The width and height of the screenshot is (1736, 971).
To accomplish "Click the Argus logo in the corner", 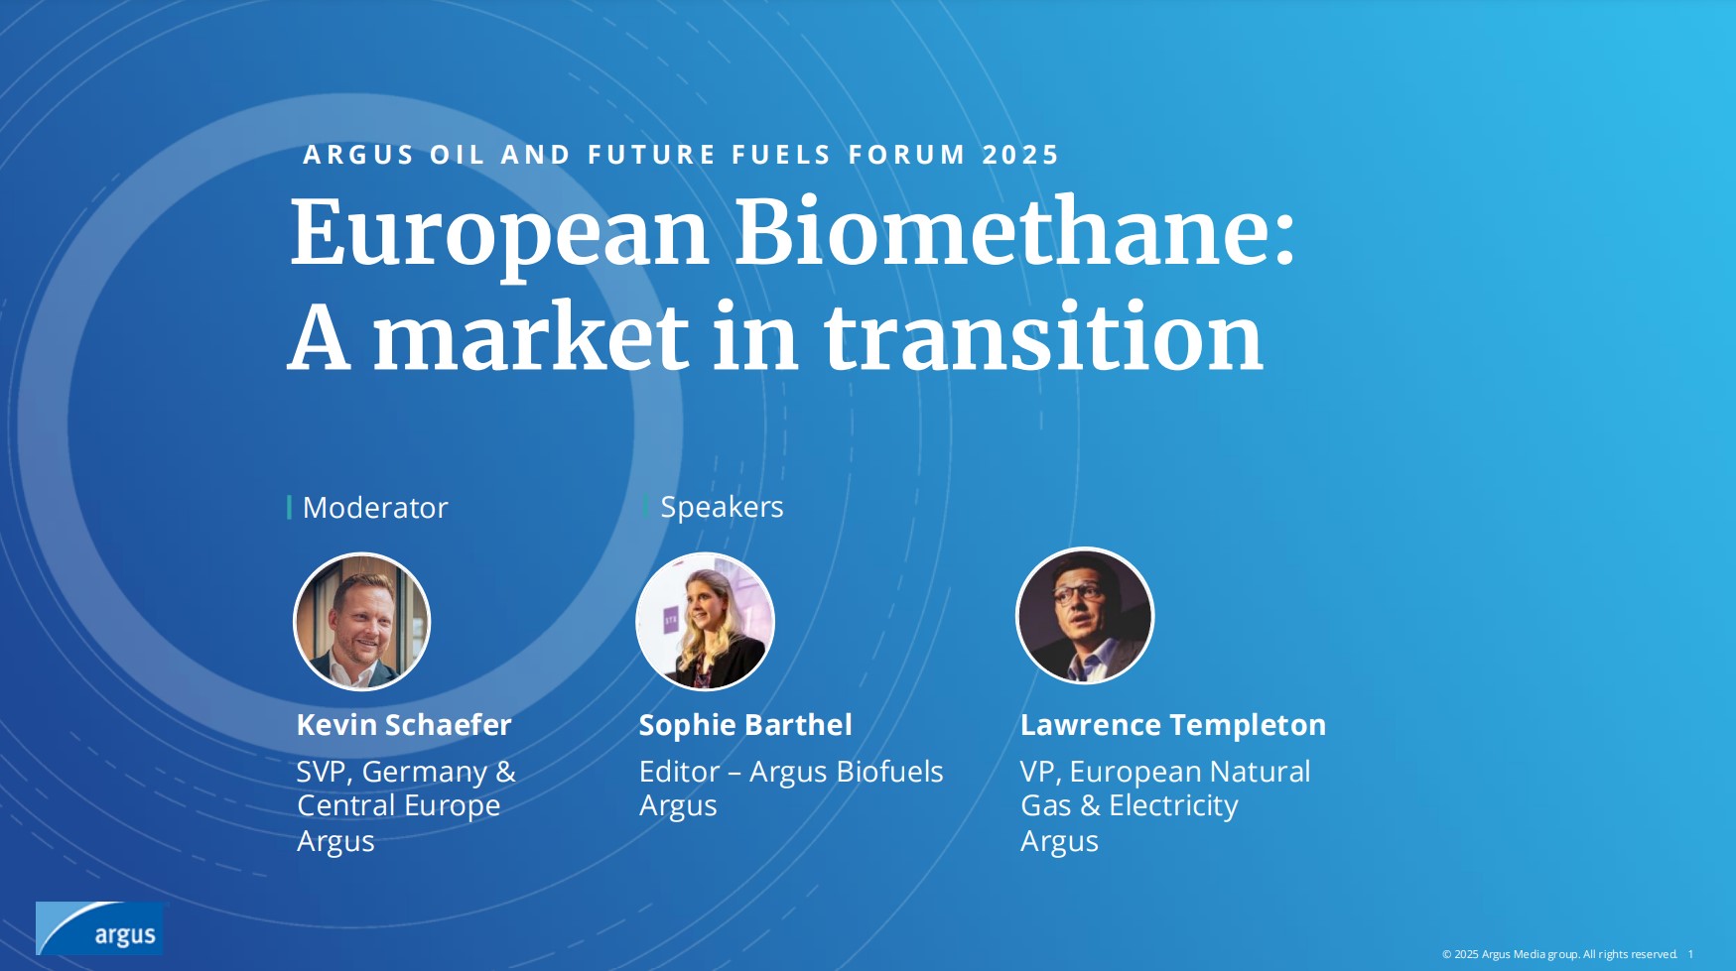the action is click(99, 928).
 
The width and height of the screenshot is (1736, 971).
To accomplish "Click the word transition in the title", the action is click(1043, 337).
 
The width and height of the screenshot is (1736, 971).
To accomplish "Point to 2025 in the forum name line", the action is click(1020, 155).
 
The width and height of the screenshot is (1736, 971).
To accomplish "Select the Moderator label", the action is click(375, 508).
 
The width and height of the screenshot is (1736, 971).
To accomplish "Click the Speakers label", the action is click(722, 507).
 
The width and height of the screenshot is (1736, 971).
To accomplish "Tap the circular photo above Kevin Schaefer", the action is click(361, 622).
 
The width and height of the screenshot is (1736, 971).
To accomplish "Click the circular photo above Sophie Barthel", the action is click(705, 622).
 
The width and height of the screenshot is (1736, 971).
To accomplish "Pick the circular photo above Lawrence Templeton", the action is click(1085, 616).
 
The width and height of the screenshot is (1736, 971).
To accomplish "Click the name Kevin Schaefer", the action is click(404, 725).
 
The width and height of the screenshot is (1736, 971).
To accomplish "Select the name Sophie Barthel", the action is click(745, 725).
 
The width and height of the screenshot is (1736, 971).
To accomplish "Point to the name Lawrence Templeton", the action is click(1173, 725).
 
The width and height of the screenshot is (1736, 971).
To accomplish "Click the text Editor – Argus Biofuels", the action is click(791, 772).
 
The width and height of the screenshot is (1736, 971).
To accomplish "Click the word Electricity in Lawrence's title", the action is click(1173, 805).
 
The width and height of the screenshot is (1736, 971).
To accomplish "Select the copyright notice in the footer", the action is click(1559, 954).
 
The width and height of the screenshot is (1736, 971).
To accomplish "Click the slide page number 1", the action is click(1691, 954).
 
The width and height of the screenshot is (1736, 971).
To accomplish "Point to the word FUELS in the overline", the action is click(781, 155).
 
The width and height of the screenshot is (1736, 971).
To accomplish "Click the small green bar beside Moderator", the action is click(289, 508).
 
